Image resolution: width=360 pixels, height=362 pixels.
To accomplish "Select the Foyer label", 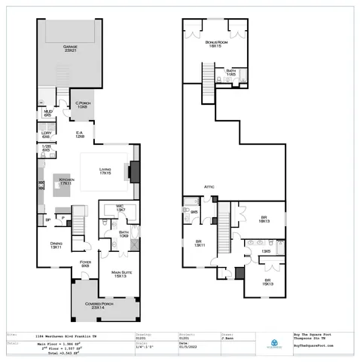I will coord(85,264).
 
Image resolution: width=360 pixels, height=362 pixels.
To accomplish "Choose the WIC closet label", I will coord(119,207).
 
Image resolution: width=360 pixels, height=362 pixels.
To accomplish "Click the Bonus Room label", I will coord(217,44).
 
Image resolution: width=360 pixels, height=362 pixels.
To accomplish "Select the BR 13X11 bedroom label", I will coord(200,244).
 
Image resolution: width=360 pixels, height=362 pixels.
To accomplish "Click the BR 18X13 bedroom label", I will coord(264,219).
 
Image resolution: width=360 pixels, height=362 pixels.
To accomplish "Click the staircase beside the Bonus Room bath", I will coord(209,75).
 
